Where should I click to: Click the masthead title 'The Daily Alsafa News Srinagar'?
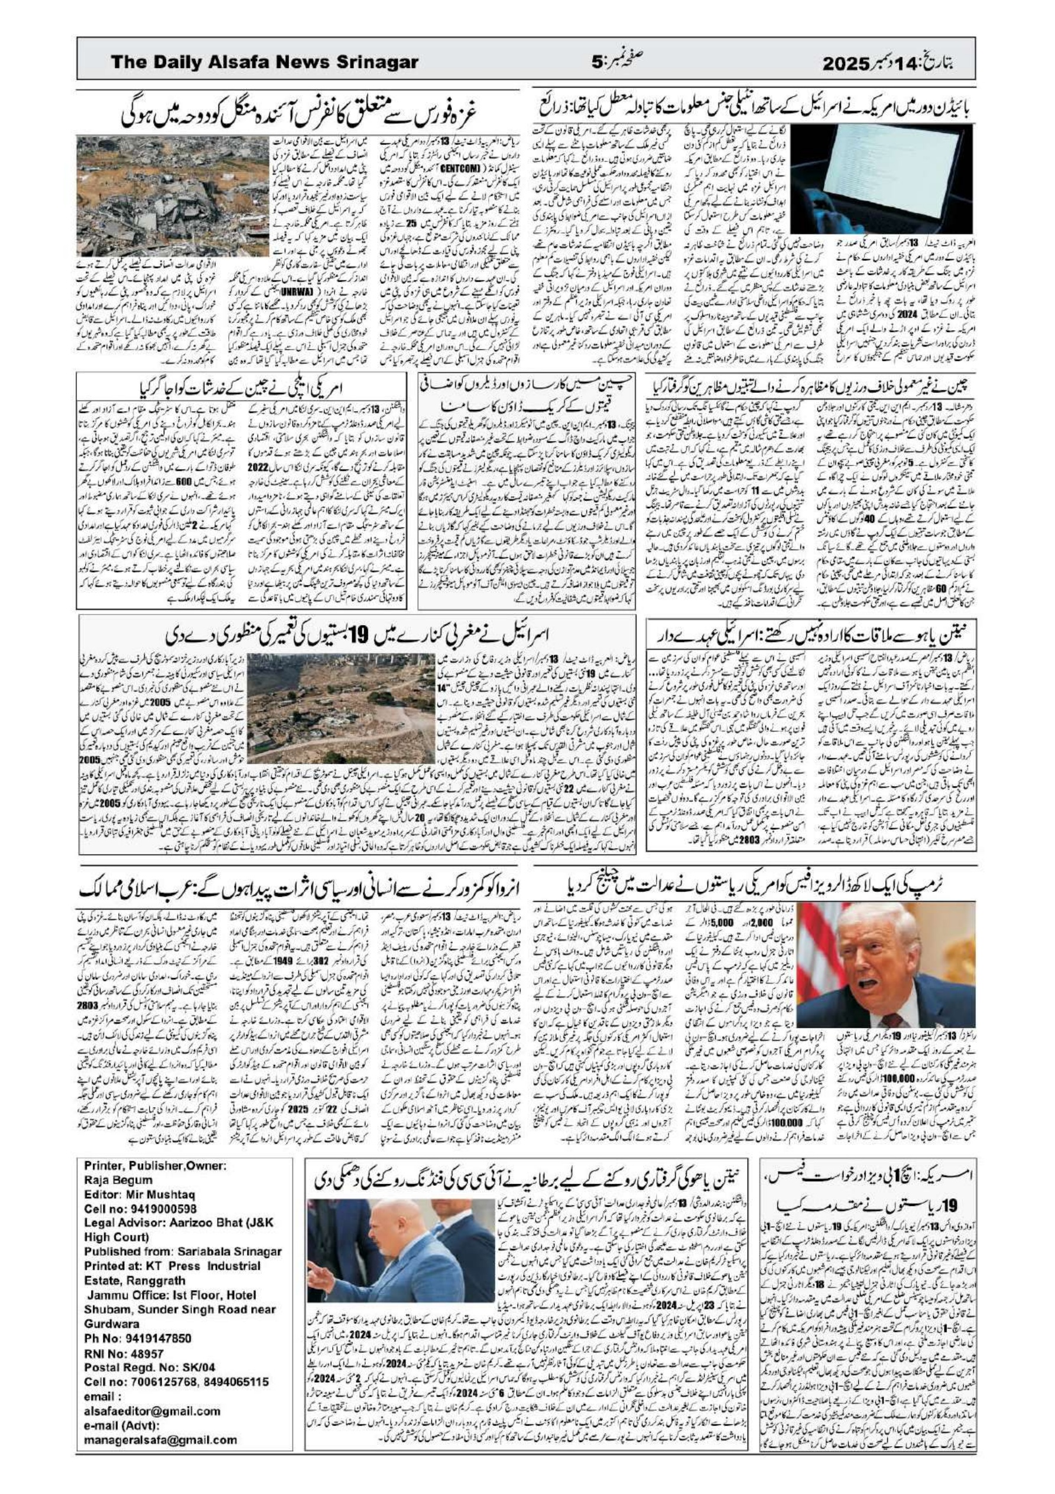click(x=265, y=63)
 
